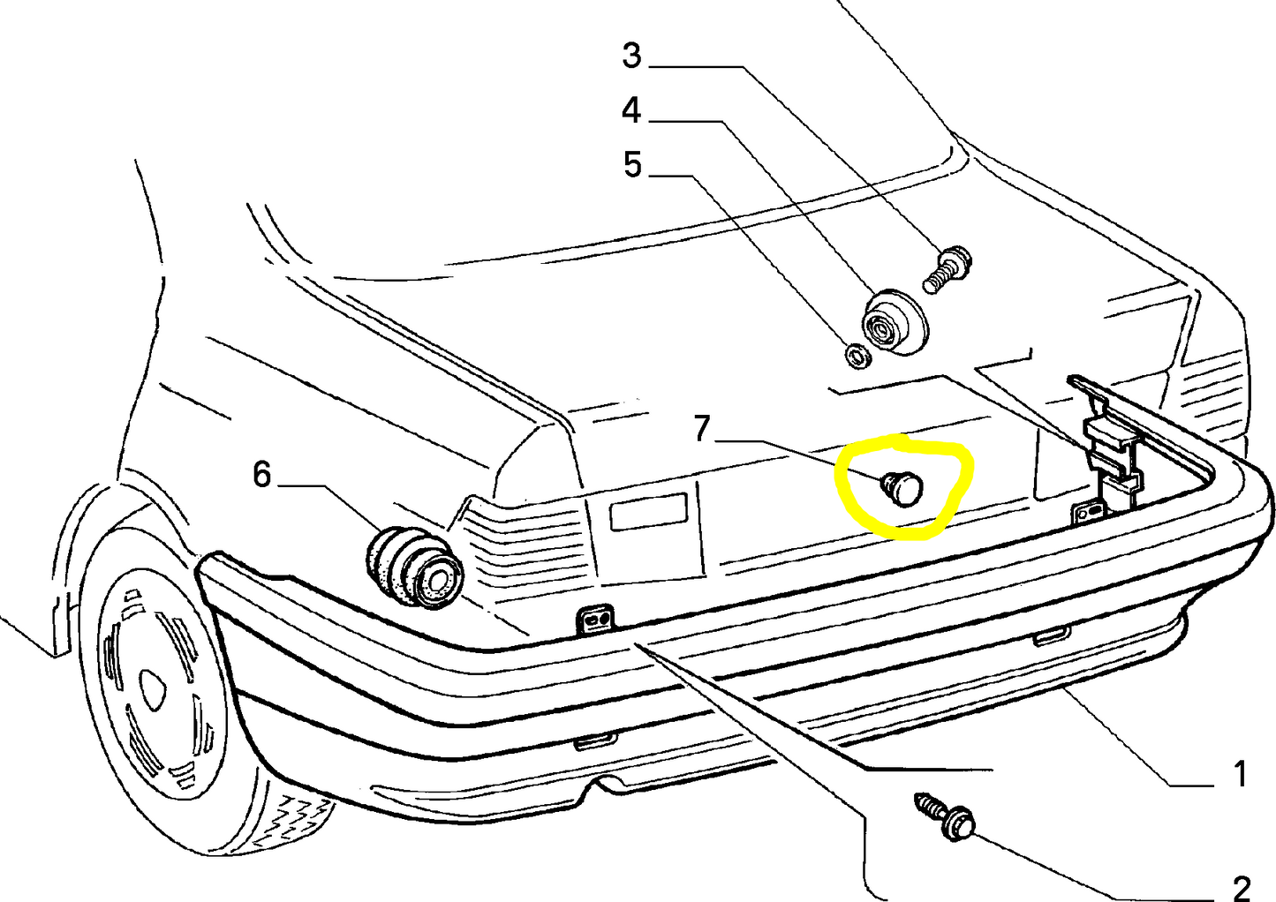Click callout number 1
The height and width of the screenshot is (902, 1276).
[1239, 773]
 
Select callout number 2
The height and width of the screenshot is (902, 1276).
[1240, 887]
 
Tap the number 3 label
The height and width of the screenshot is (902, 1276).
[631, 56]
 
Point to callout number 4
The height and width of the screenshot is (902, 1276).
[630, 111]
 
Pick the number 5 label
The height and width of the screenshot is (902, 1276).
[631, 165]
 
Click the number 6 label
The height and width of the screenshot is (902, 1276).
[261, 475]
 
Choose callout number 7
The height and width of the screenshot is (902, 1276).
[701, 429]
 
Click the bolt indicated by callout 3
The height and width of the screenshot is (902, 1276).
[948, 268]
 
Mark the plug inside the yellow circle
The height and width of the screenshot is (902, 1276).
[902, 487]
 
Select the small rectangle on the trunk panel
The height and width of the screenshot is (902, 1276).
[648, 511]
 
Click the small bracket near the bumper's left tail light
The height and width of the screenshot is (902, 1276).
[595, 620]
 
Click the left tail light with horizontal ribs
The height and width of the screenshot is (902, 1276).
[521, 538]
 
